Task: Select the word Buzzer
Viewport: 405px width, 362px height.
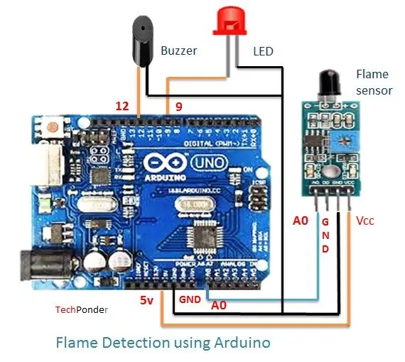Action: pyautogui.click(x=178, y=51)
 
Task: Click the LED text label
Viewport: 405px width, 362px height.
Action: pyautogui.click(x=263, y=51)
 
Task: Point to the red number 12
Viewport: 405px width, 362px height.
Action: pyautogui.click(x=122, y=106)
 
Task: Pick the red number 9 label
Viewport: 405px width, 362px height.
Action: pyautogui.click(x=179, y=106)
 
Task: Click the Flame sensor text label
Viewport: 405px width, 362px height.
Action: pyautogui.click(x=372, y=82)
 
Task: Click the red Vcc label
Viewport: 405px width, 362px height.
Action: pyautogui.click(x=365, y=221)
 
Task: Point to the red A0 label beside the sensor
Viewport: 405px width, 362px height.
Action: pyautogui.click(x=301, y=221)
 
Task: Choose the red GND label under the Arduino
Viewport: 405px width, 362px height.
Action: pyautogui.click(x=190, y=299)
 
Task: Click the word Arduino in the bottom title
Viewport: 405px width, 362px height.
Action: pyautogui.click(x=241, y=343)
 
